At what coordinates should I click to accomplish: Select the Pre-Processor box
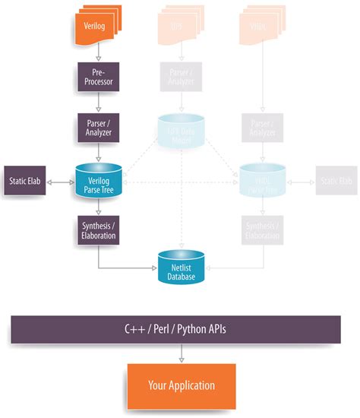coord(96,77)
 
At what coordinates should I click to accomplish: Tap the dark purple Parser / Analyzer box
coord(96,126)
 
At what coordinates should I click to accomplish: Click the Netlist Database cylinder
coord(181,266)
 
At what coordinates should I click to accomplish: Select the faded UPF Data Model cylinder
coord(181,128)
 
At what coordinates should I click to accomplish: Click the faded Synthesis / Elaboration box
coord(262,230)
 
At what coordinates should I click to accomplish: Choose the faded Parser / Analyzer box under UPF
coord(181,77)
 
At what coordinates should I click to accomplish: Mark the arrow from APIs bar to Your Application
coord(180,353)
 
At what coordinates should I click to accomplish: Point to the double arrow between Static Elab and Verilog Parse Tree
coord(59,182)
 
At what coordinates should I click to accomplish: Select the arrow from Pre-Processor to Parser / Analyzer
coord(96,102)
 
